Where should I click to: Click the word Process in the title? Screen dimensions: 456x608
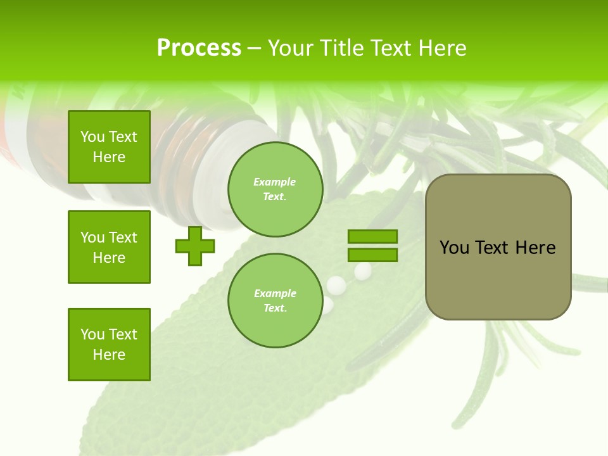pyautogui.click(x=199, y=48)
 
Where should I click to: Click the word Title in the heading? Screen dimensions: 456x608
pyautogui.click(x=343, y=48)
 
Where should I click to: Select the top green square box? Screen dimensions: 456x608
pyautogui.click(x=109, y=147)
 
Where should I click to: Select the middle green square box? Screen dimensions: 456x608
pyautogui.click(x=109, y=247)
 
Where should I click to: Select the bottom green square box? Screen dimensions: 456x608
pyautogui.click(x=109, y=345)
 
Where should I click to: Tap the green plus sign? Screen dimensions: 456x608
pyautogui.click(x=195, y=246)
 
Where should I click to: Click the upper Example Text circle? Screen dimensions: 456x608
pyautogui.click(x=275, y=189)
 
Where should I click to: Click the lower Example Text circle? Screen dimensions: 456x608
pyautogui.click(x=275, y=301)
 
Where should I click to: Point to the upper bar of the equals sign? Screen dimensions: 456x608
pyautogui.click(x=372, y=236)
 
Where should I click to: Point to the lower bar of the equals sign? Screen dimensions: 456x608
pyautogui.click(x=372, y=255)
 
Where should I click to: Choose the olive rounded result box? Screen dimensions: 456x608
pyautogui.click(x=498, y=247)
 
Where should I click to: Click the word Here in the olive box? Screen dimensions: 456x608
pyautogui.click(x=535, y=248)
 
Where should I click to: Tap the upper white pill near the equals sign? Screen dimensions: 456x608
pyautogui.click(x=363, y=271)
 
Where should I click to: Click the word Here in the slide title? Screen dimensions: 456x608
pyautogui.click(x=441, y=48)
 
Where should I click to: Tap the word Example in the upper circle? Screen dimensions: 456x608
pyautogui.click(x=275, y=182)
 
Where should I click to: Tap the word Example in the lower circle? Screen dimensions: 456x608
pyautogui.click(x=275, y=293)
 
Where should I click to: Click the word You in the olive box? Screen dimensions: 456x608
pyautogui.click(x=454, y=248)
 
